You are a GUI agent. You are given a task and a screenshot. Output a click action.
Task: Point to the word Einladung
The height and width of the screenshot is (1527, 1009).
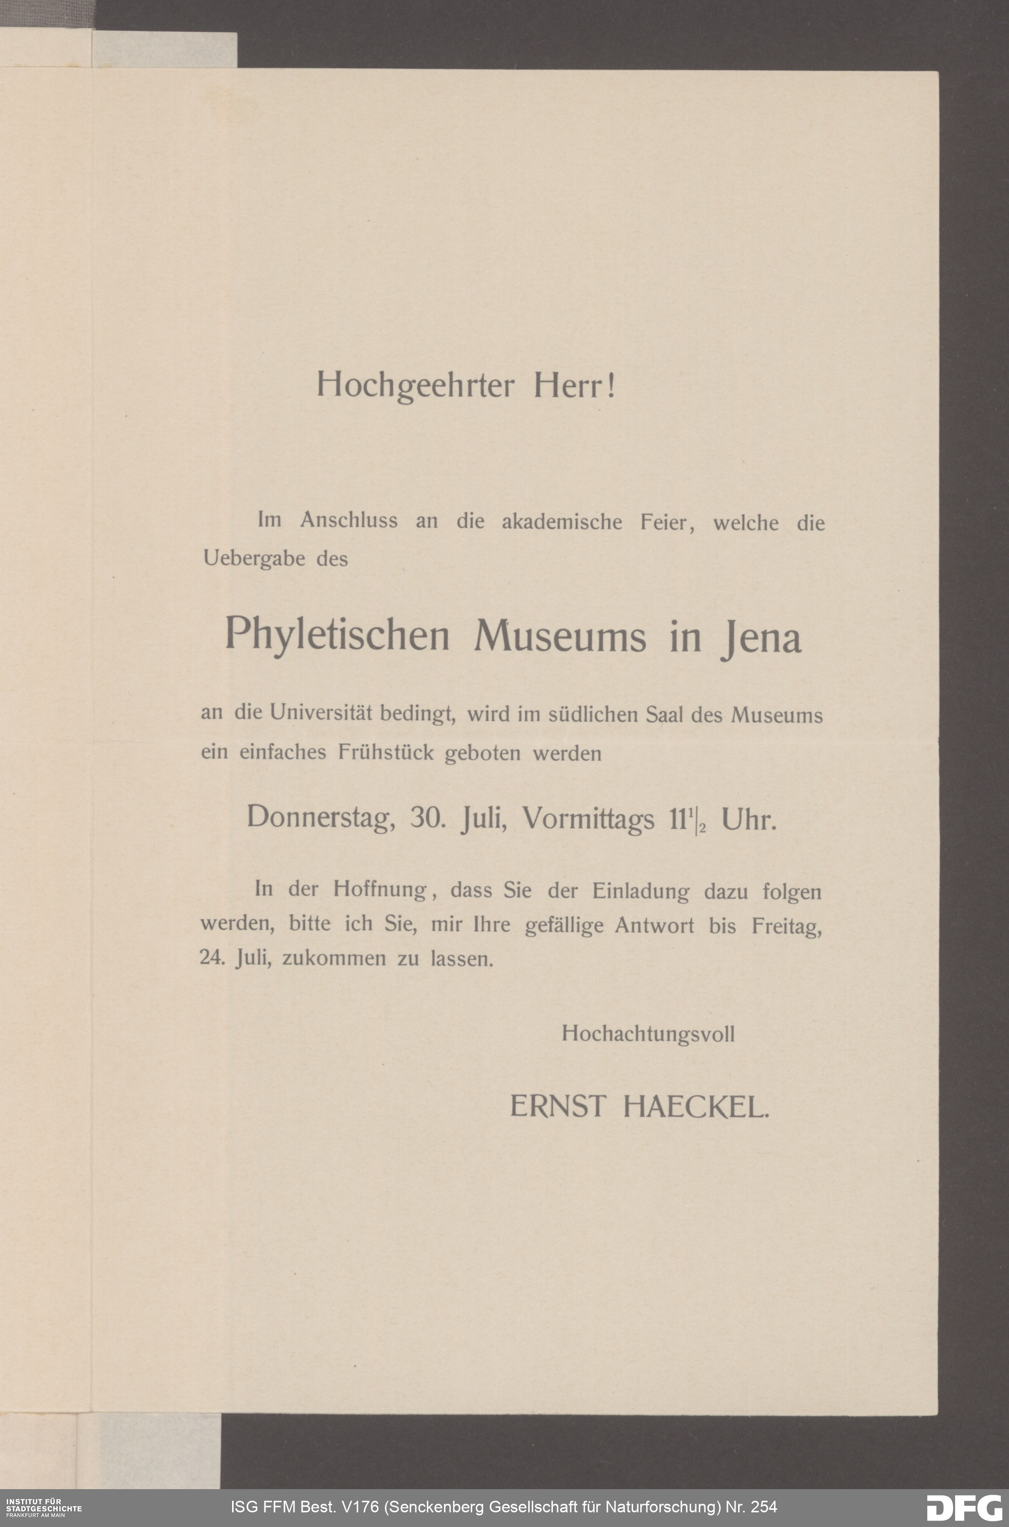(x=640, y=891)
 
